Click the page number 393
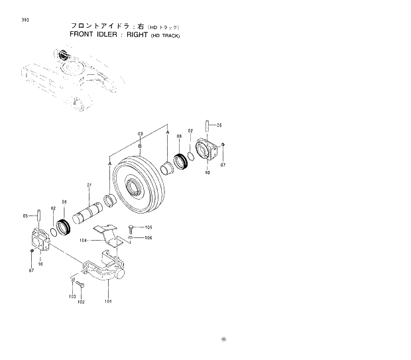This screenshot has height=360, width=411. click(25, 20)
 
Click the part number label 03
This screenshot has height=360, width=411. click(141, 134)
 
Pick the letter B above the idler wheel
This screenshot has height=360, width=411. click(141, 145)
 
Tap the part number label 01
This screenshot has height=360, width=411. click(90, 184)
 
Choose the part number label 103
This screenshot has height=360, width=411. click(72, 296)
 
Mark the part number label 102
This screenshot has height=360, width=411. click(82, 302)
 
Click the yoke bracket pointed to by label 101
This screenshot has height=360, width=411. click(106, 272)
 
